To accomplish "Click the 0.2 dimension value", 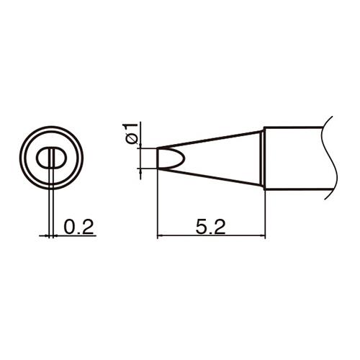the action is (x=78, y=227).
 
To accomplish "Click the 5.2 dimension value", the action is (x=210, y=227).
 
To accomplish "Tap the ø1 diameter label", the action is (x=130, y=133).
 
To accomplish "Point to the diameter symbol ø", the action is (x=130, y=139).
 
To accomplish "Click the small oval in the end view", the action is (x=50, y=158).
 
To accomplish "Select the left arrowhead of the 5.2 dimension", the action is (x=160, y=236).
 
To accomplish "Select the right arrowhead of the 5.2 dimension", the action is (x=262, y=236).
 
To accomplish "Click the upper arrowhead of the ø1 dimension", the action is (x=140, y=146).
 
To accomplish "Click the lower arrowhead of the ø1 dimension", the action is (x=140, y=172).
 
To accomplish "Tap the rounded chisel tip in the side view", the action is (x=171, y=158).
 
